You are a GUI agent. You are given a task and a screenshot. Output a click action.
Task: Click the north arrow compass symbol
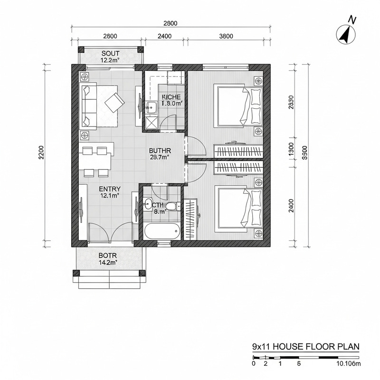coord(347,34)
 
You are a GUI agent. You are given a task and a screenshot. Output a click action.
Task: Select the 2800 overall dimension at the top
coord(171,23)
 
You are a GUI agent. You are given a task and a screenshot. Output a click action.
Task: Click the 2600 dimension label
coord(110,36)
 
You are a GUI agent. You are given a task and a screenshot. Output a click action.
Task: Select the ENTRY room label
coord(110,191)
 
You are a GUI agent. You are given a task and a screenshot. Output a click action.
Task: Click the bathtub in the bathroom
coord(162,232)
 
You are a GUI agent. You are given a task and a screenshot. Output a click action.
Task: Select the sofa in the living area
coord(89,105)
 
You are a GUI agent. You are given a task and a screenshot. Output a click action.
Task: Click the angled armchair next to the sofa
coord(114,102)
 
